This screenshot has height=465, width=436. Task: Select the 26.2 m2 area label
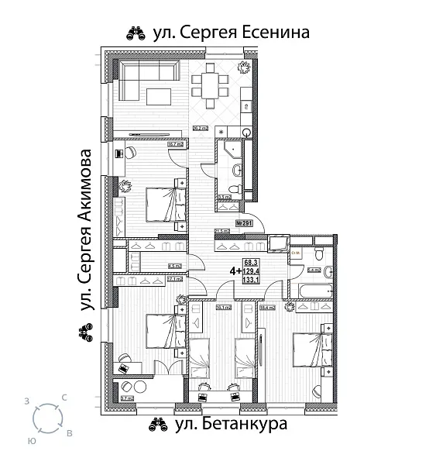coord(202,128)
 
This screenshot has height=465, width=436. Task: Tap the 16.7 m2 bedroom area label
coord(176,143)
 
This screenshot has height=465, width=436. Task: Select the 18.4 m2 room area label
coord(269,308)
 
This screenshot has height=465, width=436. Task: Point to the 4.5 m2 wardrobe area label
coord(175,266)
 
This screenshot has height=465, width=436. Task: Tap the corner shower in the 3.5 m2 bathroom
coord(227,151)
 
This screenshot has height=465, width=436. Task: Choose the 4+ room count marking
coord(233,271)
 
